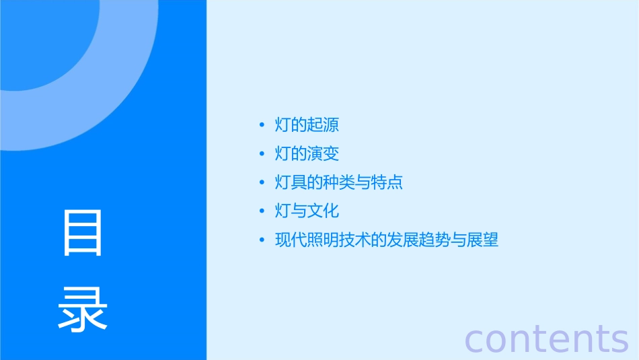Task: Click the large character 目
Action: [83, 233]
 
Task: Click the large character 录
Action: [83, 309]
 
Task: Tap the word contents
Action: [547, 338]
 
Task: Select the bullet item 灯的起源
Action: [307, 125]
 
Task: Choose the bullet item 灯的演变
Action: [307, 154]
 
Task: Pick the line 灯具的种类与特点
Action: [339, 182]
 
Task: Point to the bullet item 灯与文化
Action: [307, 211]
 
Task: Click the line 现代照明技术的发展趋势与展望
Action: [387, 240]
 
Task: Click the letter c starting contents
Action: [476, 339]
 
